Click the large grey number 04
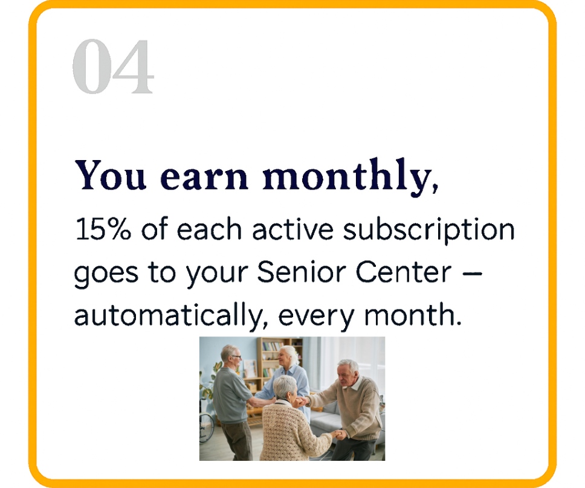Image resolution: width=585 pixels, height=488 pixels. [x=112, y=67]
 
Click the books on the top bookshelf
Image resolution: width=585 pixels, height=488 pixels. [x=273, y=347]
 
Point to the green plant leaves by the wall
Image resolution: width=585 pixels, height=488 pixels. [x=215, y=370]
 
